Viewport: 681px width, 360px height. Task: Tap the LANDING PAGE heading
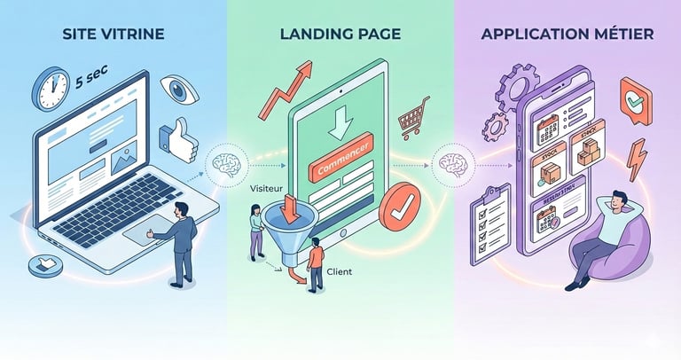click(x=340, y=35)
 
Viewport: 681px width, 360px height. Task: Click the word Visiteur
click(x=266, y=189)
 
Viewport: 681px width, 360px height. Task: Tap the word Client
click(x=339, y=273)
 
